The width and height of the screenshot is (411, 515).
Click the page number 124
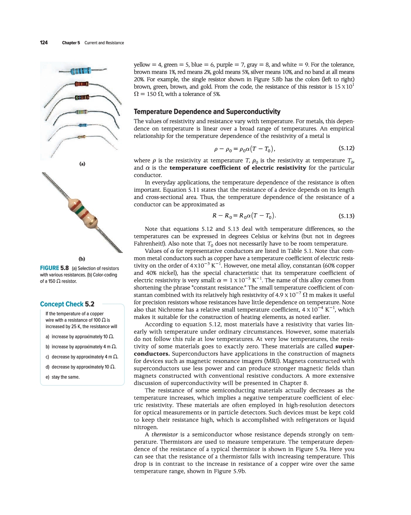(44, 43)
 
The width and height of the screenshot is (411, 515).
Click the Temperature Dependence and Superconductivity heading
(207, 112)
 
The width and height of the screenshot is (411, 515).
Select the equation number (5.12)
(346, 148)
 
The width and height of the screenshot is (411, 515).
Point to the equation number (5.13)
(346, 216)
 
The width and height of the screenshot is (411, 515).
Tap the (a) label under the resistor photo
(82, 164)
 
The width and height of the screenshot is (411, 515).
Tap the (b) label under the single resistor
(82, 259)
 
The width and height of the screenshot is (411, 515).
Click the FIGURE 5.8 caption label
(54, 268)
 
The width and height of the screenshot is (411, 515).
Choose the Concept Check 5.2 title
(67, 304)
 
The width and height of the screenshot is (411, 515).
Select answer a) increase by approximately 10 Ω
(80, 337)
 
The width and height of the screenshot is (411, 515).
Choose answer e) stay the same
(63, 377)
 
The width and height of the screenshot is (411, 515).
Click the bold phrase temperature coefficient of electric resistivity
(237, 168)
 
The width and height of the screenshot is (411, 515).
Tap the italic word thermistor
(164, 435)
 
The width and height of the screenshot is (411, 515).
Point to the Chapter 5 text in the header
(71, 43)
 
